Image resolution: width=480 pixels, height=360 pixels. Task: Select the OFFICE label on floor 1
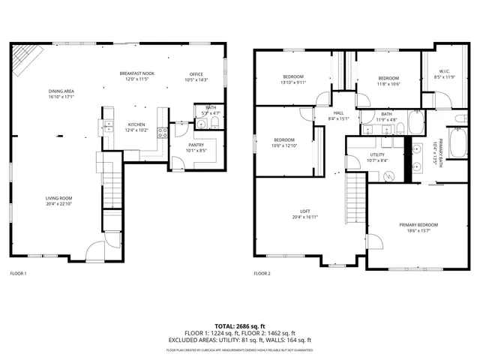click(196, 74)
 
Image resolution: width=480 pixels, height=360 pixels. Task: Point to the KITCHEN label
click(136, 124)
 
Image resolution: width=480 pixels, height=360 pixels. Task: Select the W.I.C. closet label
click(445, 73)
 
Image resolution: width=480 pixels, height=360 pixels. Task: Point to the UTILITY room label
click(377, 155)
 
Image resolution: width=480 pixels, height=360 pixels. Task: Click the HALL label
click(339, 113)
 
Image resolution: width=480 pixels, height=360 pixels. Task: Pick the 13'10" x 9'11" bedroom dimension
click(293, 82)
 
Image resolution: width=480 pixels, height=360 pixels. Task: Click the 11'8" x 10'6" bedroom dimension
click(388, 84)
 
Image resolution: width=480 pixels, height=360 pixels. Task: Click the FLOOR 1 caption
click(18, 273)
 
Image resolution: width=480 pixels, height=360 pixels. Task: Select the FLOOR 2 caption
click(262, 273)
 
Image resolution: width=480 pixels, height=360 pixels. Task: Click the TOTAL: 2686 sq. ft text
click(239, 326)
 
